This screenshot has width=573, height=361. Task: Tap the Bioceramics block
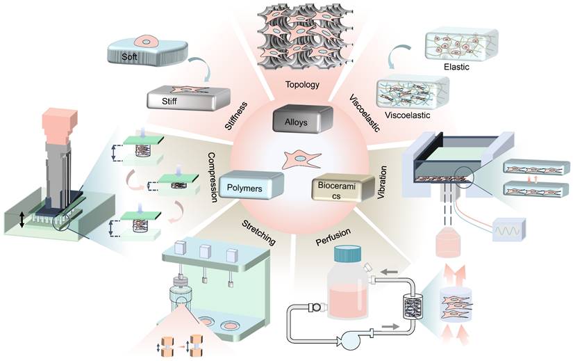[x=338, y=189]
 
